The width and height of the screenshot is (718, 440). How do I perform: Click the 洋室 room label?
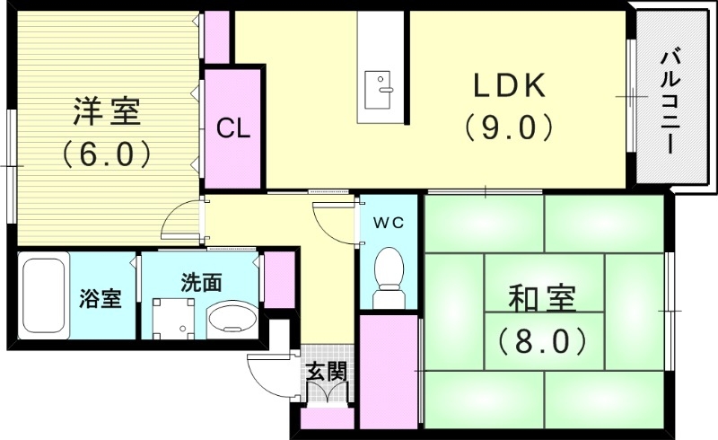click(x=106, y=113)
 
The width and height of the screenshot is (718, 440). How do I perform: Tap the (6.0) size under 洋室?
click(x=106, y=154)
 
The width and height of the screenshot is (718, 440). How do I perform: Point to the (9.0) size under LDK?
click(x=509, y=128)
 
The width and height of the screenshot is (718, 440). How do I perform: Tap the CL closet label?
click(x=233, y=128)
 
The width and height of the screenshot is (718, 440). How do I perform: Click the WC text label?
click(x=389, y=221)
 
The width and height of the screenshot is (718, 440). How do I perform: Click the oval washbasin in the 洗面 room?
click(x=232, y=320)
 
